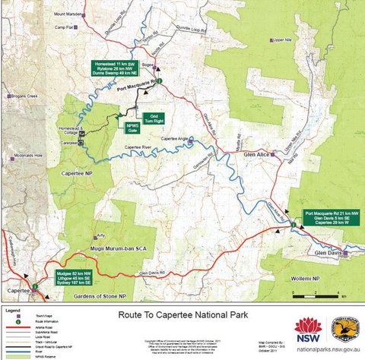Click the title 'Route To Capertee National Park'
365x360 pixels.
(x=181, y=312)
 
